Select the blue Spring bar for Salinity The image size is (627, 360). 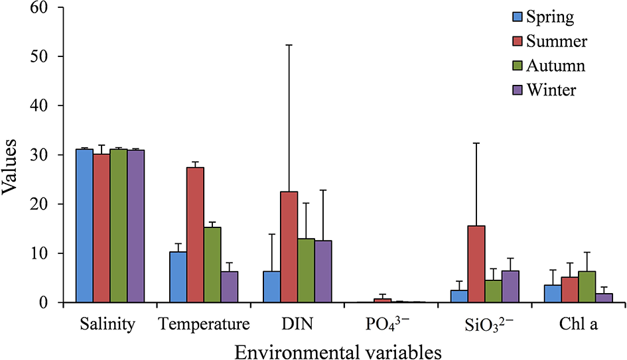coord(84,225)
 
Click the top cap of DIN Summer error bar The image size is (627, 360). coord(289,44)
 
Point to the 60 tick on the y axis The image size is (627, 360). coord(52,7)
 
